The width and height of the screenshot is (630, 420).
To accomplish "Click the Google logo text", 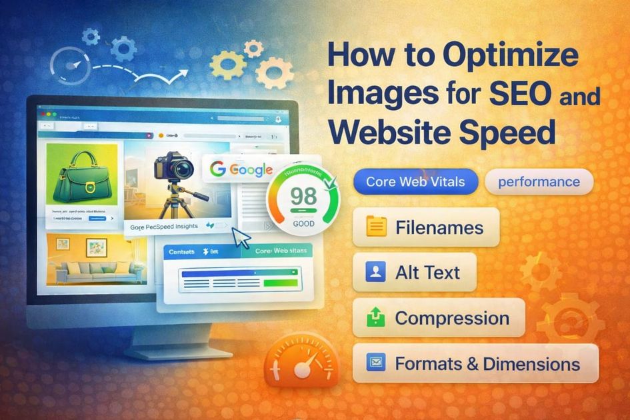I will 241,169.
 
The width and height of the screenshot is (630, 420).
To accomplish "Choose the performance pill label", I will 539,181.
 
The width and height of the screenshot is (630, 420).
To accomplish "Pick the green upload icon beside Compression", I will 377,318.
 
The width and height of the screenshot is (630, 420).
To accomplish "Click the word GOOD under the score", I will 303,224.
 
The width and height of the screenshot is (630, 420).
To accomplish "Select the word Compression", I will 452,318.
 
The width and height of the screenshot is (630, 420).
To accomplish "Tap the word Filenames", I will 439,228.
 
